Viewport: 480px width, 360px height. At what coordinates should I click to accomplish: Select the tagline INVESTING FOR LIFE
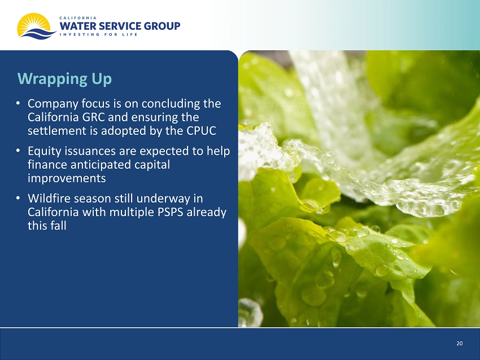98,34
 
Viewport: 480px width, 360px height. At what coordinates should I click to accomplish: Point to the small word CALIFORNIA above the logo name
78,17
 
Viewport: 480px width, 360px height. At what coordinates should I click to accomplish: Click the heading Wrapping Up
64,79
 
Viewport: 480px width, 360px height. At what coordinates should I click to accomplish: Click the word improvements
67,178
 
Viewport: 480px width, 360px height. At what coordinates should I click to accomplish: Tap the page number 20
460,344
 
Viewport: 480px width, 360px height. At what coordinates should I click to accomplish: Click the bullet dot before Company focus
19,103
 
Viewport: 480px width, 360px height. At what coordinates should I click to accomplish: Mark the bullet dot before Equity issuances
19,151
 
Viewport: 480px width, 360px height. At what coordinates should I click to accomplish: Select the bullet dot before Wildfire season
19,198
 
